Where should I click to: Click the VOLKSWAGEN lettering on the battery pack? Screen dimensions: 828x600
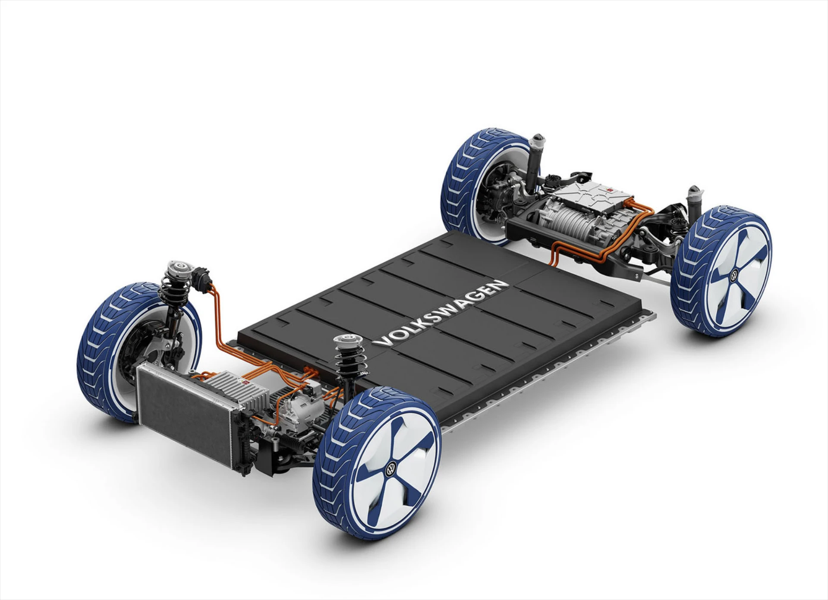click(440, 312)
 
